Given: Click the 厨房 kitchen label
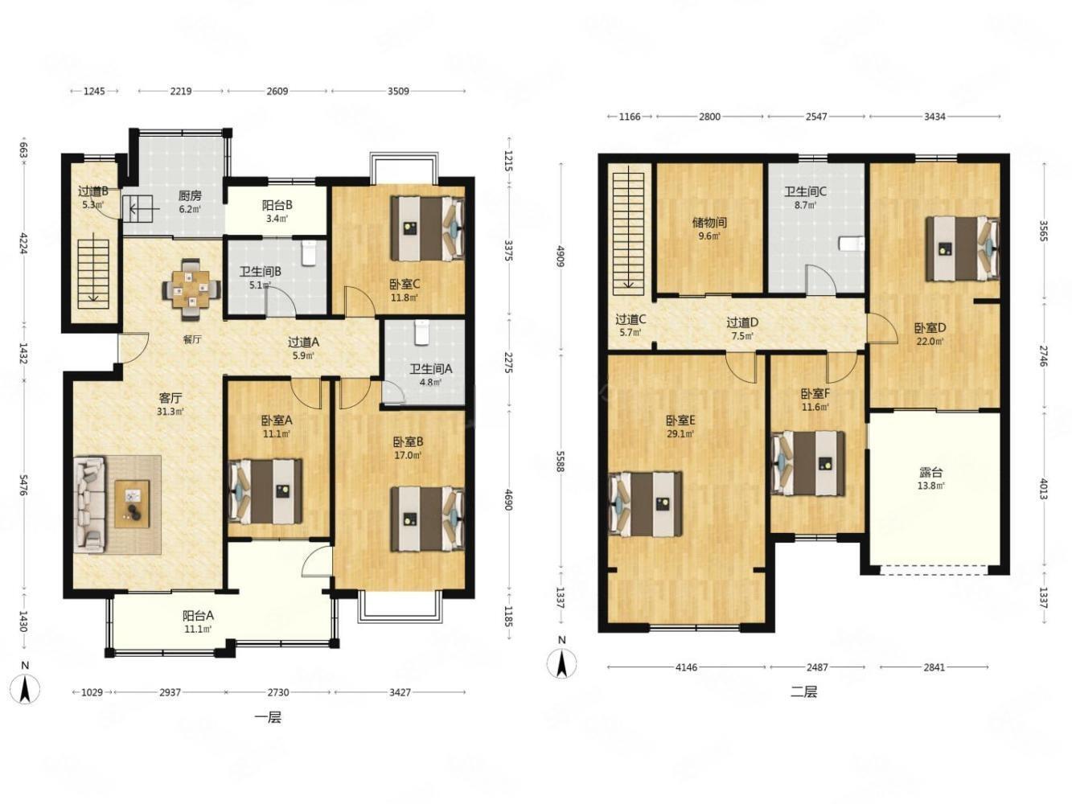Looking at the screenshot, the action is point(190,196).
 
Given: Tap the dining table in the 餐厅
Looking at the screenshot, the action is point(191,289).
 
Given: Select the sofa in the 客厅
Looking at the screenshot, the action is point(89,505).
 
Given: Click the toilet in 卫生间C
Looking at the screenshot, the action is point(852,243).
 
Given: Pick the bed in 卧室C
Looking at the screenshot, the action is point(427,228).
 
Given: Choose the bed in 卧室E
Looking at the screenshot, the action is point(645,504).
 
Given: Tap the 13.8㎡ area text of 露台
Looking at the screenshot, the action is point(930,486).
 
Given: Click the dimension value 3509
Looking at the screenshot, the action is point(398,92).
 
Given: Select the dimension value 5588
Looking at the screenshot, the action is point(560,461).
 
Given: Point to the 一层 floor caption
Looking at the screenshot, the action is point(268,718).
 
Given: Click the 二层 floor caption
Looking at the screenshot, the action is point(803,691).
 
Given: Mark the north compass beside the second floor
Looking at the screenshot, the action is point(561,659).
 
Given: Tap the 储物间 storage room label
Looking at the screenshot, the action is point(709,223).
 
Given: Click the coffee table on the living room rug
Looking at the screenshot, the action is point(132,504).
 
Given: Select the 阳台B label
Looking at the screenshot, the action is point(277,206).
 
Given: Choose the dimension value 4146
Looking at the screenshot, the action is point(686,667).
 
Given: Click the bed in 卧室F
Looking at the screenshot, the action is point(807,463).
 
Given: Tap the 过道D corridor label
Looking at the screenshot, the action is point(741,322).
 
